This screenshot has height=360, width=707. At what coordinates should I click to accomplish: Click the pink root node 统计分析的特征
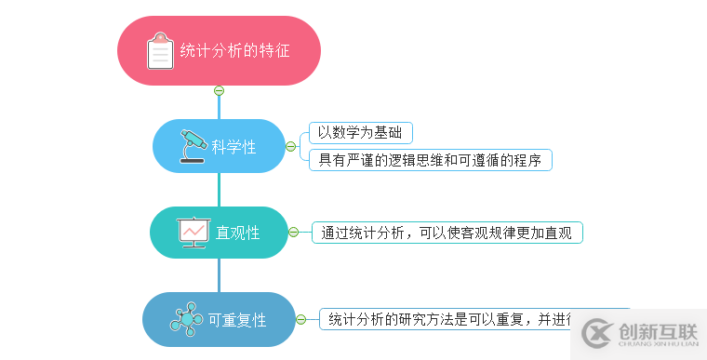220,50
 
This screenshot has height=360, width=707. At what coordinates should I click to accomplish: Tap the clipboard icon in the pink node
160,51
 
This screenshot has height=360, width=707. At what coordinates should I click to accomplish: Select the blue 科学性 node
219,146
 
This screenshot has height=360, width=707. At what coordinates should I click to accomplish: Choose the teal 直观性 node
219,233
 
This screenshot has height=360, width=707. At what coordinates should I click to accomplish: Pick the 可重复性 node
219,320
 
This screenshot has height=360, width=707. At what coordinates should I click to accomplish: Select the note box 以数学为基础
361,132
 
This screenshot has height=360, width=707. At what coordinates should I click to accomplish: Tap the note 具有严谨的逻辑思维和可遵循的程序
430,160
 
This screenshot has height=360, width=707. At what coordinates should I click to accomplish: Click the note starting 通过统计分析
447,233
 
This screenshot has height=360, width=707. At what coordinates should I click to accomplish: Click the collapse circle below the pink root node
219,90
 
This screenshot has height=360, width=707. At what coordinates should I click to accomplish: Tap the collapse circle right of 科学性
290,146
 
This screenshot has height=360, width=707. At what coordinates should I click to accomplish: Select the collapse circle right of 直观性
294,232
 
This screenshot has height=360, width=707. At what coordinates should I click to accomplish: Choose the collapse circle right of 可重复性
300,319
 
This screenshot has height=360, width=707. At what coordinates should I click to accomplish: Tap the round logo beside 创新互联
599,333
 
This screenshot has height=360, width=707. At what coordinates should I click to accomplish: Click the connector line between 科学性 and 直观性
219,190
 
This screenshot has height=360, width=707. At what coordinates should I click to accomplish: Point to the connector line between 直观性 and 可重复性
219,275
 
